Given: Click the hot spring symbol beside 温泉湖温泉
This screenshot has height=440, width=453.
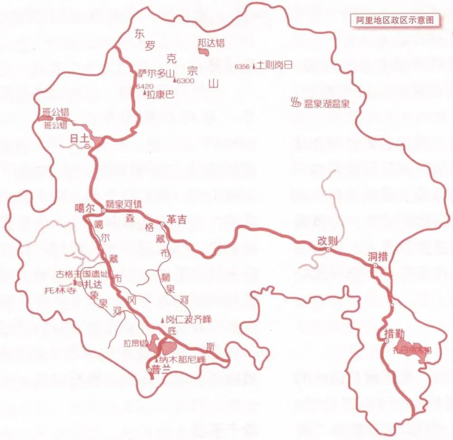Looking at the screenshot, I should coord(295,103).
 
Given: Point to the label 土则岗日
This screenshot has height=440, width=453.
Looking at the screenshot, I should coord(276,65).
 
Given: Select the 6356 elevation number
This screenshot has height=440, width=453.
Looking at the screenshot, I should coord(242,67).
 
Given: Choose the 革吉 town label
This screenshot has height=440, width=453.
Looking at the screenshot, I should coord(176,219).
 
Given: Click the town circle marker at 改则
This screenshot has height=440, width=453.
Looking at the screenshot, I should coord(328,250).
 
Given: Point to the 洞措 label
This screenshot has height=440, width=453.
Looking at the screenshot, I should coord(377,257).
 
